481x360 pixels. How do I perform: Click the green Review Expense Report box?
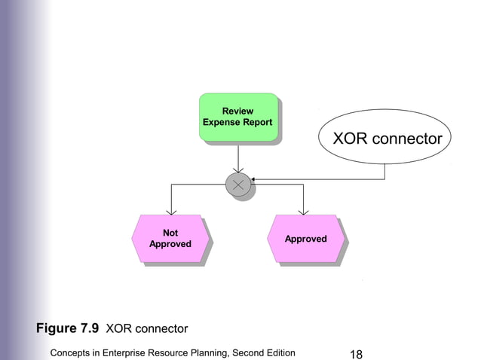click(x=238, y=117)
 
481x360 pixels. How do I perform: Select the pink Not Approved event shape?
click(x=170, y=239)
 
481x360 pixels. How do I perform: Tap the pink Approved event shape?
click(x=305, y=239)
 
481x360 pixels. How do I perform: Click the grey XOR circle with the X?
click(x=238, y=184)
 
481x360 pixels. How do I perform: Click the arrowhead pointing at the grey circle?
click(x=254, y=179)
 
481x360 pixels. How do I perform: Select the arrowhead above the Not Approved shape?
click(x=172, y=210)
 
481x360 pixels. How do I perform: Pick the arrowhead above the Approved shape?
click(x=303, y=210)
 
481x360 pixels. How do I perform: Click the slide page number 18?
click(x=358, y=352)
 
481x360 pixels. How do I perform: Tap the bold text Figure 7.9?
click(x=67, y=328)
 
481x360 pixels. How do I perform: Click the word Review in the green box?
click(x=237, y=111)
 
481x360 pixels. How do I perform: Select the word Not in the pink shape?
click(x=170, y=233)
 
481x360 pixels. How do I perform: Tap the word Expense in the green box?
click(x=221, y=122)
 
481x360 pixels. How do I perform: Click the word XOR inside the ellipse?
click(x=351, y=139)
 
